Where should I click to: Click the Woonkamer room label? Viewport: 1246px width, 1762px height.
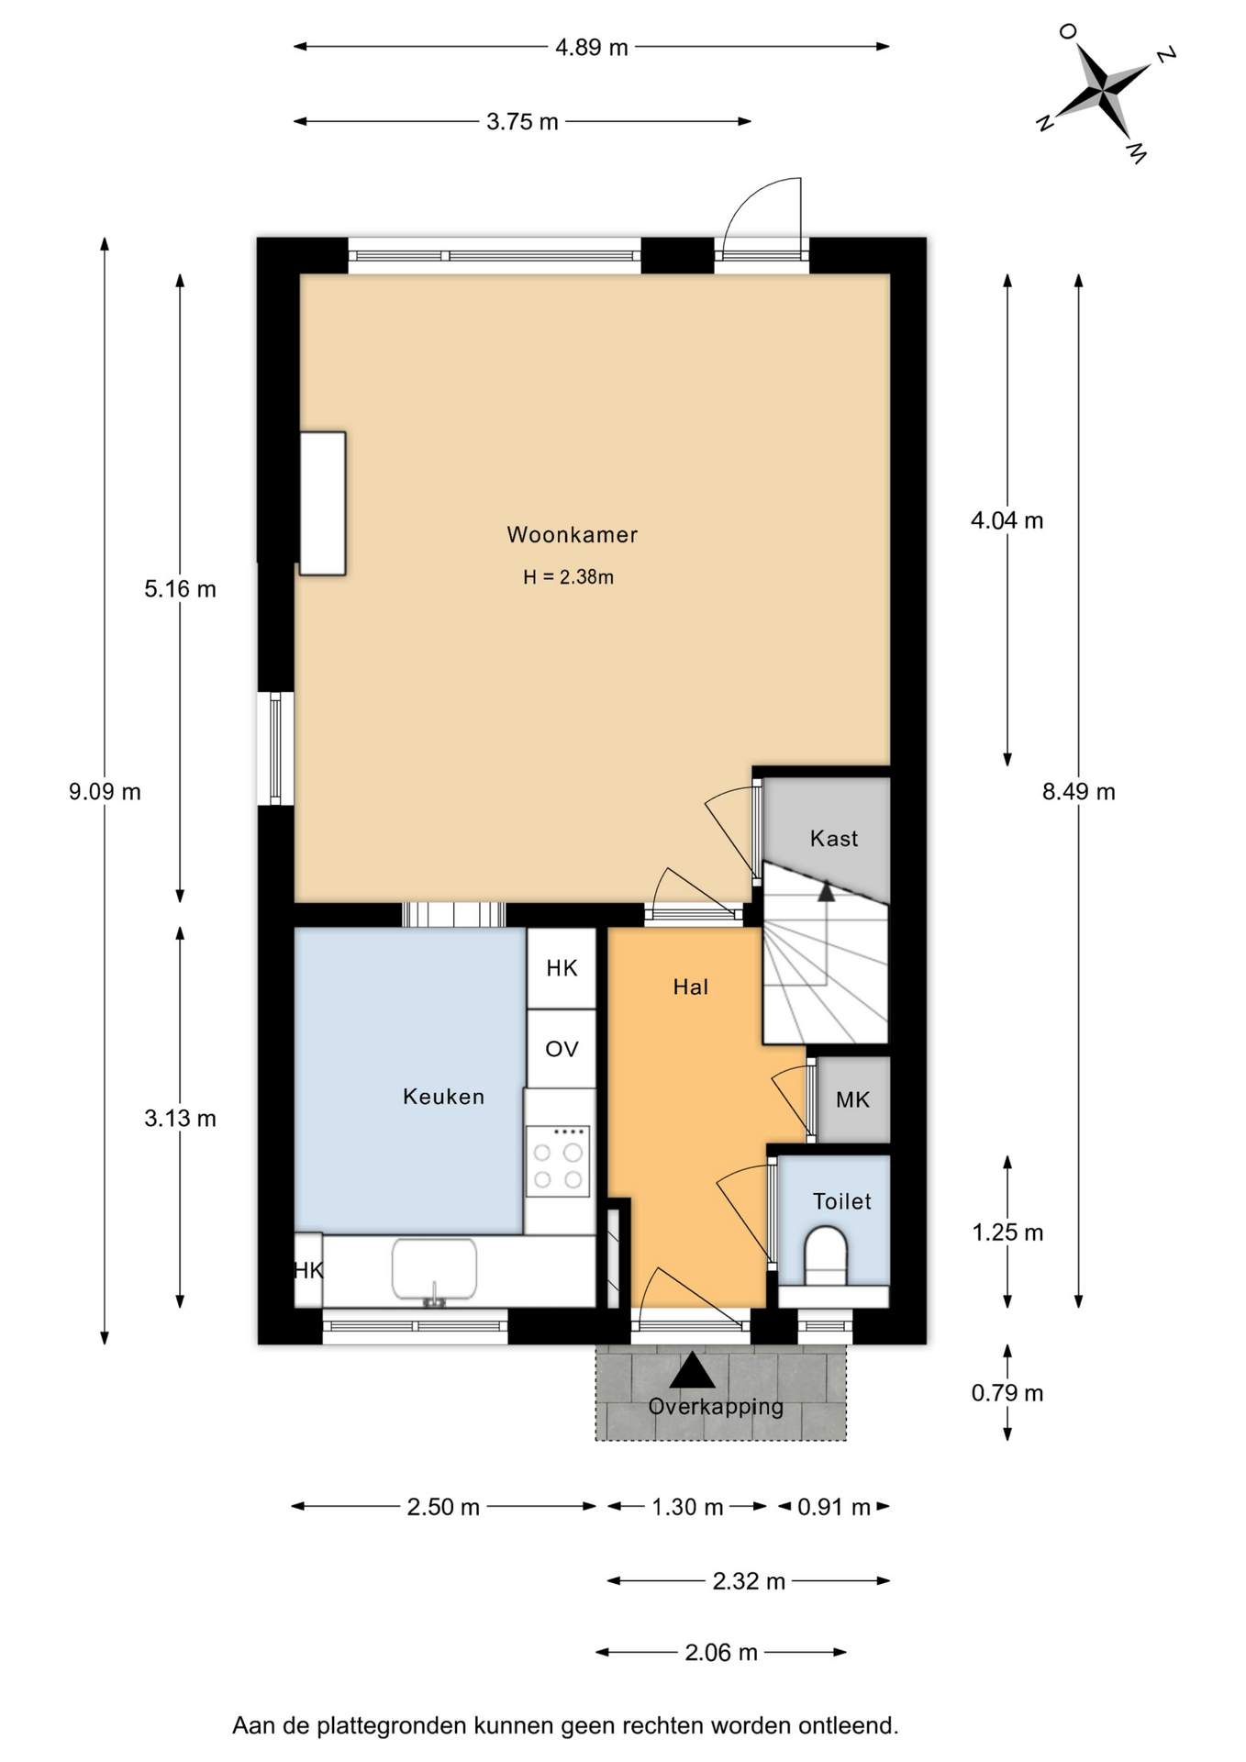[572, 534]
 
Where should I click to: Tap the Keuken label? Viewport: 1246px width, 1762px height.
[443, 1096]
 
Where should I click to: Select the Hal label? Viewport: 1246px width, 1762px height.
[690, 987]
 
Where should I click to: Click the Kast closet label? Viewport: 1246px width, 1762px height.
[833, 838]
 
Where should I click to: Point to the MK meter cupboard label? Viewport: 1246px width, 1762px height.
[852, 1099]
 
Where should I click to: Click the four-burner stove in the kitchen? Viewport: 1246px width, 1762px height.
[558, 1161]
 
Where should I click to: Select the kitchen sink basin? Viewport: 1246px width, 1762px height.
[434, 1269]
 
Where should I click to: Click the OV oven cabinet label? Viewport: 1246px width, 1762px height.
[562, 1049]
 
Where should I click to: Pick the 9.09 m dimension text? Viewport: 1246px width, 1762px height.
[105, 791]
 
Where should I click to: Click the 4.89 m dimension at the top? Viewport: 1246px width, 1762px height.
[592, 47]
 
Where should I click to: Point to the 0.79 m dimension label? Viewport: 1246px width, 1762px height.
[1007, 1393]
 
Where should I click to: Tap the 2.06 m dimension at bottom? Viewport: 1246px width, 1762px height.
[721, 1653]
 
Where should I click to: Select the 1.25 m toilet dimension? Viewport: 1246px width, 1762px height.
[1007, 1232]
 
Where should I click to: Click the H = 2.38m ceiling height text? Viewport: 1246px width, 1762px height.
[568, 577]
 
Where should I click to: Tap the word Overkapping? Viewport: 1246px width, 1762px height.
[716, 1407]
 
